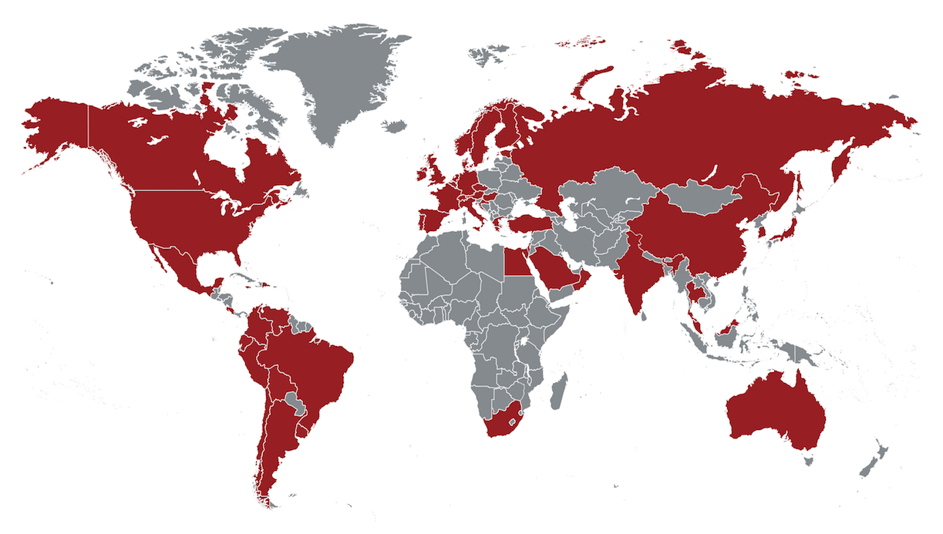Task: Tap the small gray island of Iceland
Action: [x=394, y=126]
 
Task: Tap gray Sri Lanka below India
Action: [x=645, y=314]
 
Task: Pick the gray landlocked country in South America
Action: [x=293, y=400]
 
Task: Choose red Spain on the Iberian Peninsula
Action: [x=431, y=220]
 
